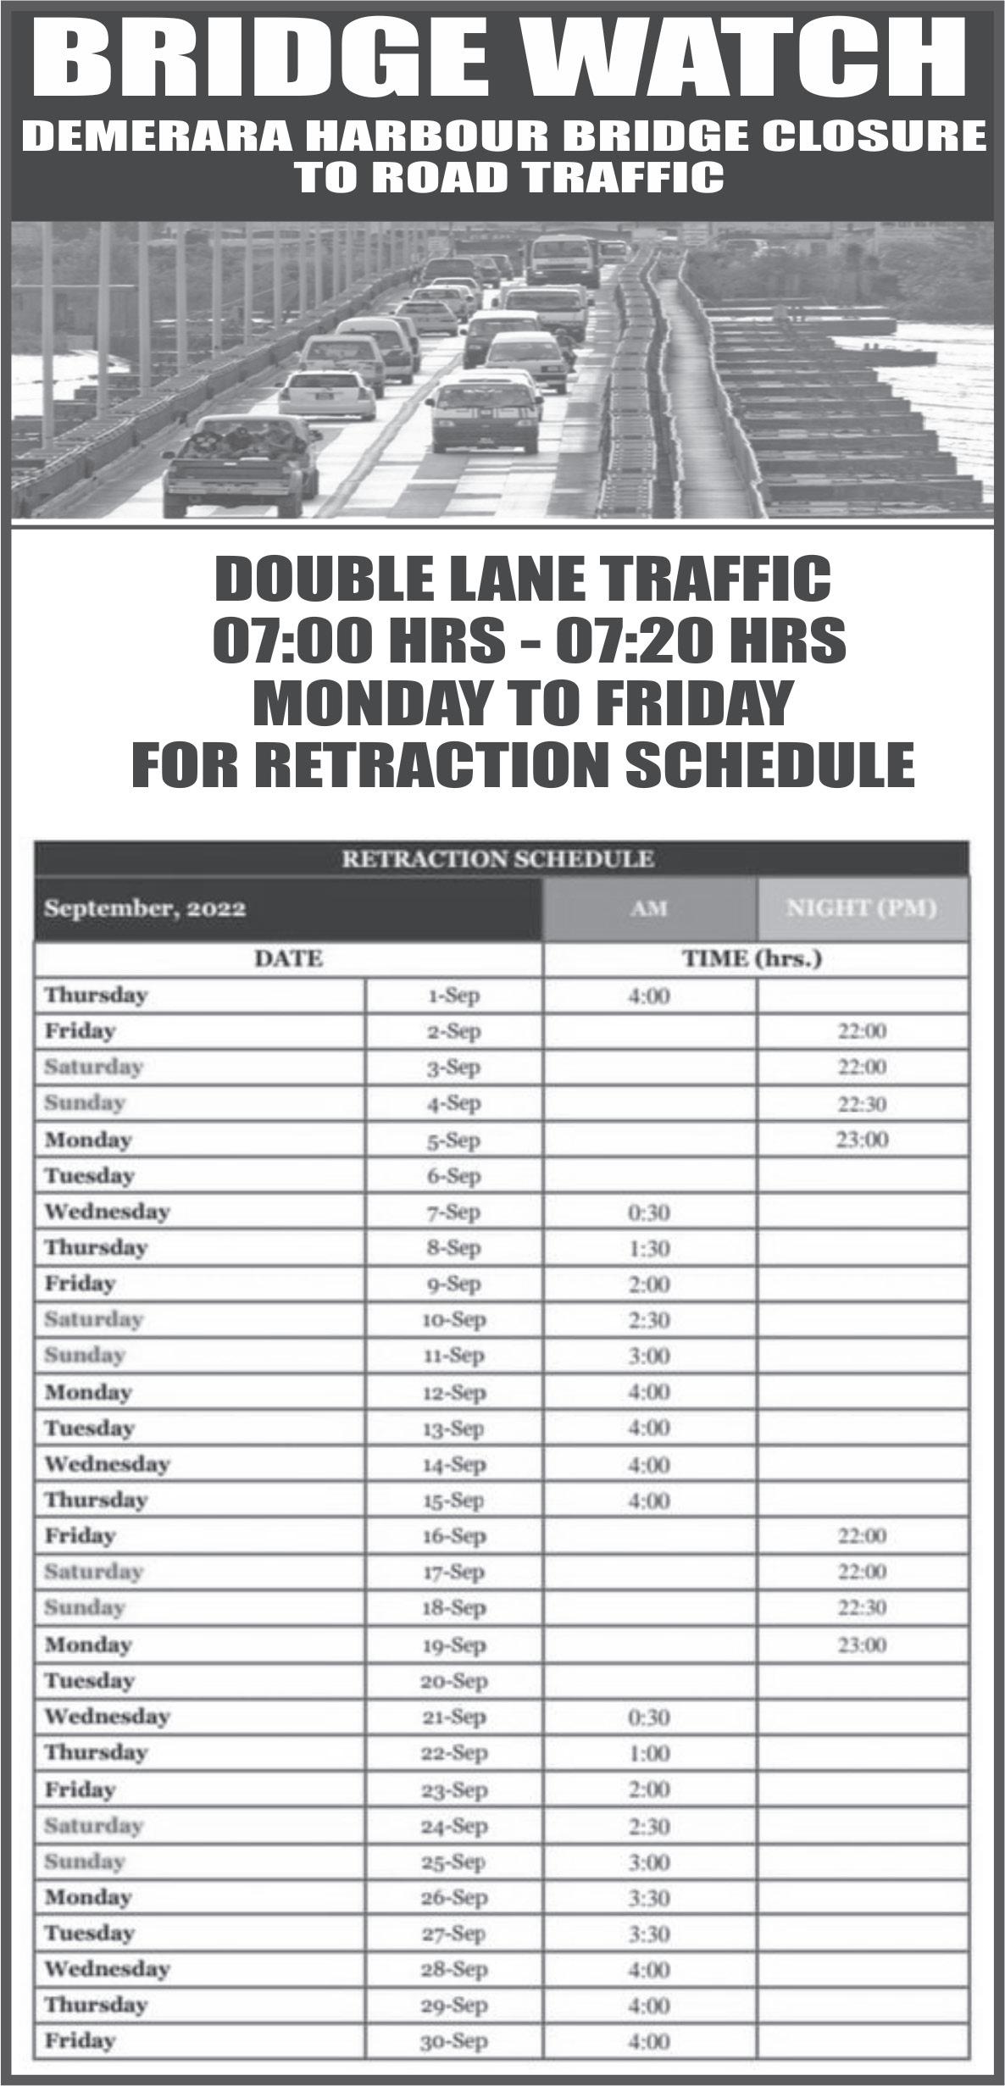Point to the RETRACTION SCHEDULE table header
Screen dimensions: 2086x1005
(498, 859)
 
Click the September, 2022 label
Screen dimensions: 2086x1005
(145, 909)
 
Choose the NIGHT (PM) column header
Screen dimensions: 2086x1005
(861, 909)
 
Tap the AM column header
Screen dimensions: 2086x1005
(649, 909)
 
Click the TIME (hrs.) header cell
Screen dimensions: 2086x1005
(753, 959)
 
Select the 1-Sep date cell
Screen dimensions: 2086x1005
(454, 996)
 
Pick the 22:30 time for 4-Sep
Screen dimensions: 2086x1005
(863, 1104)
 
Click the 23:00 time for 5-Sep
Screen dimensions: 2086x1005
(863, 1140)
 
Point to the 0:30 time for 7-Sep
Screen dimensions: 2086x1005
(649, 1212)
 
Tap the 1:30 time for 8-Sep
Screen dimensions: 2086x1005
(649, 1248)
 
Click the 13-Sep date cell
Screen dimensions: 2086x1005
(454, 1429)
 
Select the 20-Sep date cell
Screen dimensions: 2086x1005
(454, 1682)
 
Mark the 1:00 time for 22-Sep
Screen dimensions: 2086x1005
(649, 1753)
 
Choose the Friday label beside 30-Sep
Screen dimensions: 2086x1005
(80, 2041)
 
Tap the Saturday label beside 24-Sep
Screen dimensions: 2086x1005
(93, 1825)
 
